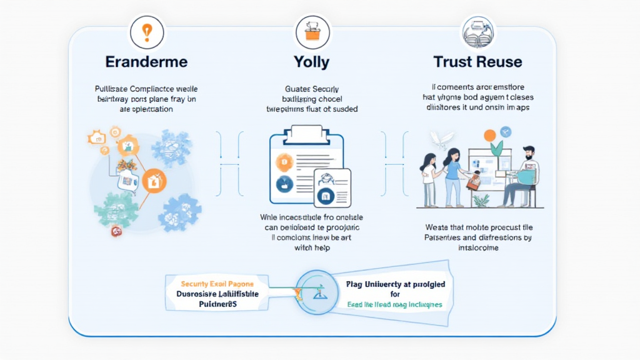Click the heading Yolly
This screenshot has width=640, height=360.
(x=311, y=62)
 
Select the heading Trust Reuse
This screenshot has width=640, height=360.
(x=477, y=62)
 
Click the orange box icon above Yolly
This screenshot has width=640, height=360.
(x=311, y=31)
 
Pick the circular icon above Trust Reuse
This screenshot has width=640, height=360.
(x=477, y=31)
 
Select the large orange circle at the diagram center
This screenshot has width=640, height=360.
(x=154, y=182)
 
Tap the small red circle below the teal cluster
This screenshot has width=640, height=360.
(x=116, y=232)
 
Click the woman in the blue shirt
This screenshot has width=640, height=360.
(x=453, y=175)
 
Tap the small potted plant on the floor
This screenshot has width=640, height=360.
(x=481, y=201)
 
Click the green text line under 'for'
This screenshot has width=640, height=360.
(x=394, y=304)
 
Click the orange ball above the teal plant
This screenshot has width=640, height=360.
(x=490, y=134)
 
